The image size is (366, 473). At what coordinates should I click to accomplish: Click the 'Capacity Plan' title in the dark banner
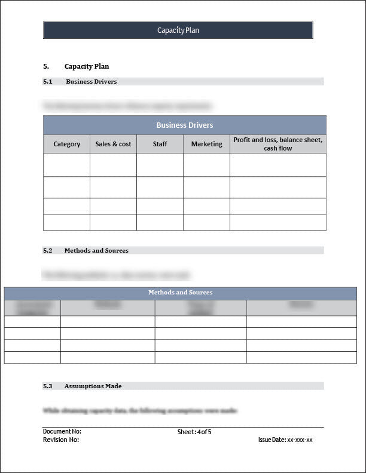[x=178, y=30]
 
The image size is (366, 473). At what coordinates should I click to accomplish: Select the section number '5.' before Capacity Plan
[x=46, y=66]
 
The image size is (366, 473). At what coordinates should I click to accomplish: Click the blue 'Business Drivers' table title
[x=185, y=125]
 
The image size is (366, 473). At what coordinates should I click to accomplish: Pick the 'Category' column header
[x=67, y=144]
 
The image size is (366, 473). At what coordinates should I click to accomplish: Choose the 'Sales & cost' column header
[x=113, y=144]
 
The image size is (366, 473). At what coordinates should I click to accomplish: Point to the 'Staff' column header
[x=160, y=144]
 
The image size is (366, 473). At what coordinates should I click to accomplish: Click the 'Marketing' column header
[x=206, y=144]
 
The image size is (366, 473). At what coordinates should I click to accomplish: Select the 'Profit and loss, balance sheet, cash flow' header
[x=277, y=144]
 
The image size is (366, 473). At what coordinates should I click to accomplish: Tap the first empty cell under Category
[x=67, y=165]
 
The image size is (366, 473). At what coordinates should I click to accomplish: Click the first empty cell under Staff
[x=160, y=165]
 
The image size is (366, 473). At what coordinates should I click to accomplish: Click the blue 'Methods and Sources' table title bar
[x=180, y=293]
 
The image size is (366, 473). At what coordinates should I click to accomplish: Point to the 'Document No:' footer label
[x=62, y=431]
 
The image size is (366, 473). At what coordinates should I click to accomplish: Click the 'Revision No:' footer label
[x=61, y=440]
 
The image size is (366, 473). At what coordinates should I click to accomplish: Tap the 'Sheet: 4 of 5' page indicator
[x=194, y=431]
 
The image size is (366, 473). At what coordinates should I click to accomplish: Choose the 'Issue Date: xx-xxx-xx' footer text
[x=285, y=440]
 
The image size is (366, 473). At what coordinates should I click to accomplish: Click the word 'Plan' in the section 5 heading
[x=101, y=66]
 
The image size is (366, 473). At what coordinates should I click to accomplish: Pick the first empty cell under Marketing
[x=206, y=165]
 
